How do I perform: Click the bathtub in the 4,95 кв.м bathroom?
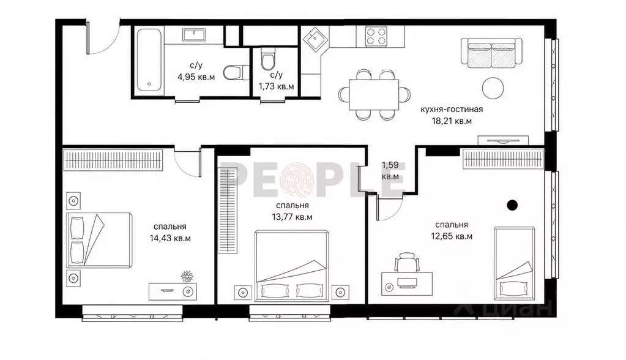pyautogui.click(x=149, y=60)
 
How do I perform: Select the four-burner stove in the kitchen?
pyautogui.click(x=376, y=36)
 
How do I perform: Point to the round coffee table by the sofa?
pyautogui.click(x=493, y=88)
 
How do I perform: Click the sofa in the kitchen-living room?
pyautogui.click(x=491, y=51)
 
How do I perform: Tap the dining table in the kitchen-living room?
pyautogui.click(x=374, y=95)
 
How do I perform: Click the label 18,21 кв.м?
pyautogui.click(x=452, y=121)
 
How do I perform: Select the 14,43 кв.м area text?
pyautogui.click(x=170, y=239)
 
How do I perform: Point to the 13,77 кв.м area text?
pyautogui.click(x=292, y=217)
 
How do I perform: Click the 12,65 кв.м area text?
pyautogui.click(x=452, y=236)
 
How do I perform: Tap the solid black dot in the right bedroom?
pyautogui.click(x=512, y=205)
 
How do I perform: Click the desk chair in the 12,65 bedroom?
pyautogui.click(x=407, y=262)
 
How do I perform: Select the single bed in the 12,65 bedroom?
pyautogui.click(x=514, y=263)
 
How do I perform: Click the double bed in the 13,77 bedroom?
pyautogui.click(x=291, y=265)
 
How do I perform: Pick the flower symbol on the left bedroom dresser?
pyautogui.click(x=187, y=276)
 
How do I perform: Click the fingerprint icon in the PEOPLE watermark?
pyautogui.click(x=296, y=180)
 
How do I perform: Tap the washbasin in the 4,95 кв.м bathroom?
pyautogui.click(x=194, y=34)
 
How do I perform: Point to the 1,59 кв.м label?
pyautogui.click(x=390, y=171)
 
